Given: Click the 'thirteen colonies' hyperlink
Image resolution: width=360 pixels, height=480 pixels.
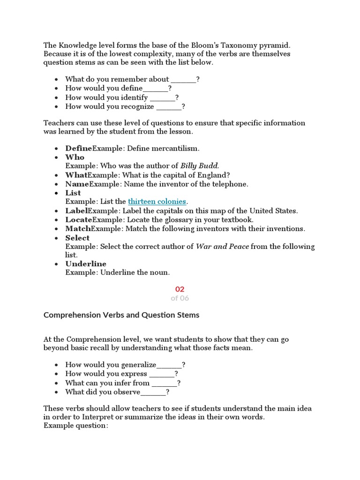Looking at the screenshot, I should point(157,202).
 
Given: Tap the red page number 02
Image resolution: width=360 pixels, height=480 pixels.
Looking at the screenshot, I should point(180,289).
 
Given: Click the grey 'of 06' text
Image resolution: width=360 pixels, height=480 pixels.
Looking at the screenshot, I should point(180,298).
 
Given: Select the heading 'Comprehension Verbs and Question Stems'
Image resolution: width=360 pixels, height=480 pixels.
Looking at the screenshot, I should point(121,315).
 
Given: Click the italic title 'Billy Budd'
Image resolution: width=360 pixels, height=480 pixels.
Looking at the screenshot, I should point(199,166).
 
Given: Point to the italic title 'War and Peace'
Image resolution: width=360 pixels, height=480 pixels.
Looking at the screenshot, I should point(222,247).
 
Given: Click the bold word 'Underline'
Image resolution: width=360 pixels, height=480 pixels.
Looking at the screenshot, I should point(86,264).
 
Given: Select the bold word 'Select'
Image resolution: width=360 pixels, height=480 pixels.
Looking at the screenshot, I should point(77,238).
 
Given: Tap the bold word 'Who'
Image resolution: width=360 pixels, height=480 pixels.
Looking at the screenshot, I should point(75,157).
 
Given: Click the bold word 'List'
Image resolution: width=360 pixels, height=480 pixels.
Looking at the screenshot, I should point(73,193).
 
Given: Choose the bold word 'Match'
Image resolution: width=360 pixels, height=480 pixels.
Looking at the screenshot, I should point(78,229).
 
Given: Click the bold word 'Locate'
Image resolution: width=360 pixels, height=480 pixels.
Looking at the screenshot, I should point(79,220).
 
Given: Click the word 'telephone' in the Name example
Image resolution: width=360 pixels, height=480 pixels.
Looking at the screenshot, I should point(230,184).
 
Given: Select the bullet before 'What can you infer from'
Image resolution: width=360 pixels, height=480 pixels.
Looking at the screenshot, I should point(57,383).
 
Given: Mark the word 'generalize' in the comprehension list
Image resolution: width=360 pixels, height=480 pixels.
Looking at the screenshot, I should point(138,365).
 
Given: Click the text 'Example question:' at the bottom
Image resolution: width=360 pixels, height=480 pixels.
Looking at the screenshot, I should point(76,426).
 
